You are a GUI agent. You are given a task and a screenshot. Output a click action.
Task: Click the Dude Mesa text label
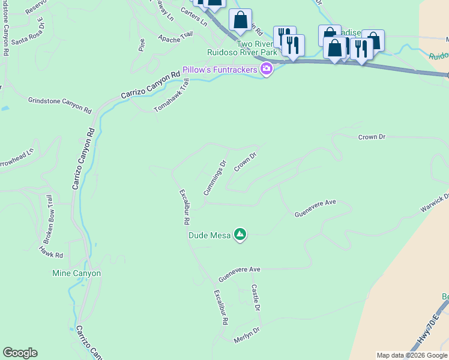[x=209, y=236]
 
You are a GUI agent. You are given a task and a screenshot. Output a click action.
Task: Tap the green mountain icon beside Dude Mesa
[x=240, y=234]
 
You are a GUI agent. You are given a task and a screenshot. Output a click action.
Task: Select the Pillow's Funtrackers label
[x=220, y=70]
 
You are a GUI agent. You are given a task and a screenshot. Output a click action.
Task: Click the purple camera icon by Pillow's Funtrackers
[x=267, y=70]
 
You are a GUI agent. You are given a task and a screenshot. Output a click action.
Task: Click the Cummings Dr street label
[x=214, y=178]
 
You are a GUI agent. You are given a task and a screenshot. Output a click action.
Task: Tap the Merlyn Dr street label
[x=247, y=335]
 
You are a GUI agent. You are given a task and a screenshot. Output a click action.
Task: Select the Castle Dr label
[x=255, y=298]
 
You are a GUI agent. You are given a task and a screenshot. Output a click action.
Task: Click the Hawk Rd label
[x=51, y=251]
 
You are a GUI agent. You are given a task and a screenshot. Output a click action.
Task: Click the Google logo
[x=20, y=353]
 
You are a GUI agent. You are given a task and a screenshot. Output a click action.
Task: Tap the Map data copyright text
[x=412, y=355]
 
